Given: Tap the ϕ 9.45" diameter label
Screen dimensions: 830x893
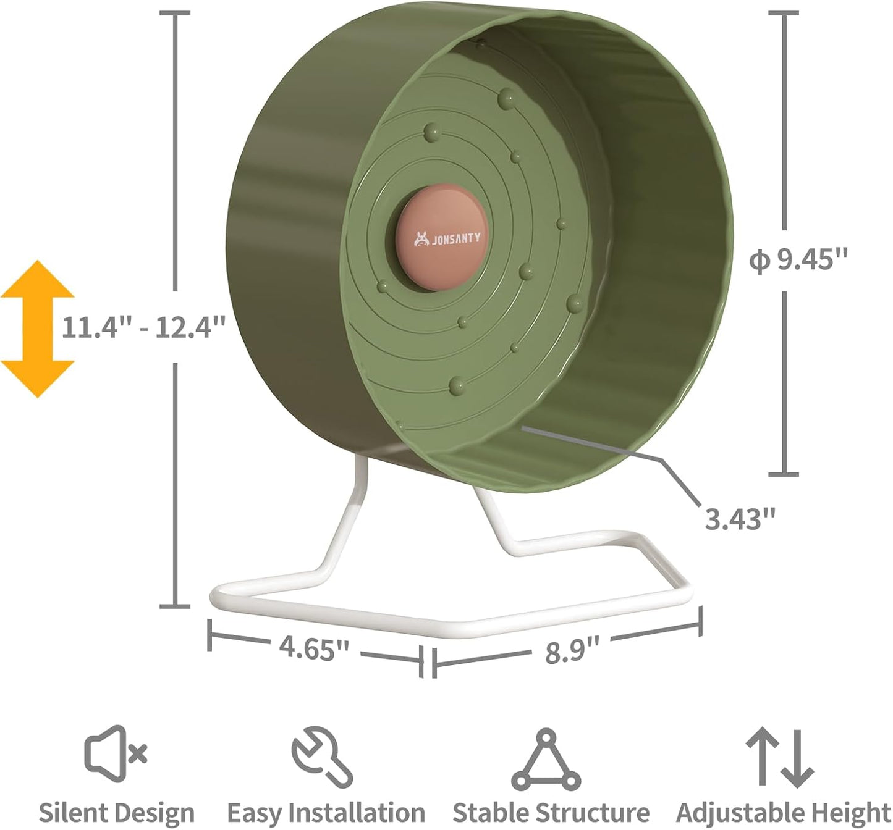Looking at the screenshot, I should [x=797, y=260].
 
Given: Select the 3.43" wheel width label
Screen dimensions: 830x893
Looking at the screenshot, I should [x=740, y=518].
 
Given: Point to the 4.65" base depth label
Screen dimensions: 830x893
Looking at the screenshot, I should [x=314, y=648].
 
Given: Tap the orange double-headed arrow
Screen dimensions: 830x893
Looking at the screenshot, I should [x=37, y=328].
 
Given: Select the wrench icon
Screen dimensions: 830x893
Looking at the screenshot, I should [x=322, y=757].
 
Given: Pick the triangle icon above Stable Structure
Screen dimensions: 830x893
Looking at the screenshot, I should [x=546, y=760].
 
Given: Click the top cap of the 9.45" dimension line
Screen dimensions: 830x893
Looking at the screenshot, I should [x=784, y=13].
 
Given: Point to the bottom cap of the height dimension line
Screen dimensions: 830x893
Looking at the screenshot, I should [x=176, y=606].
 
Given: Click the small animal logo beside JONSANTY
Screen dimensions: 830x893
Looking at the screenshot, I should [x=422, y=238].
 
